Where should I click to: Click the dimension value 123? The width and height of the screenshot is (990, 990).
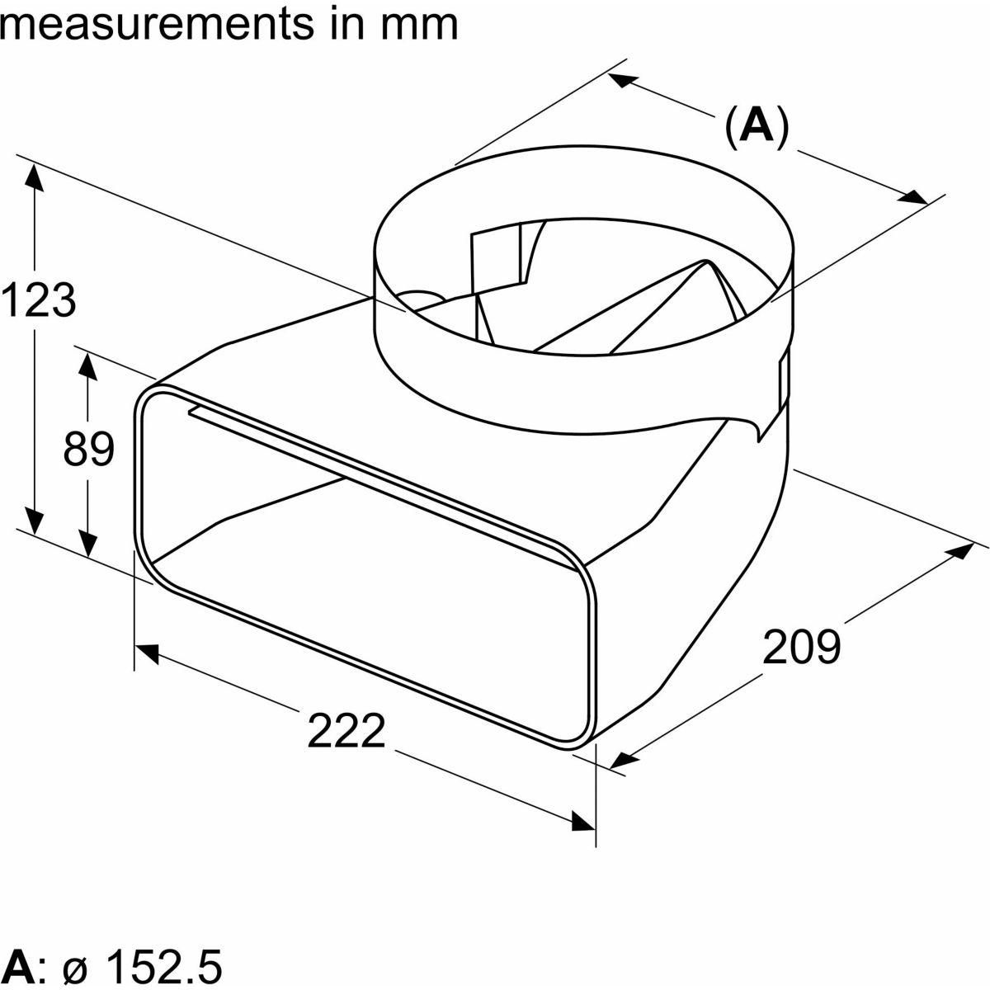[39, 300]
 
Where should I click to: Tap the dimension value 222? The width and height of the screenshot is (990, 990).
[346, 731]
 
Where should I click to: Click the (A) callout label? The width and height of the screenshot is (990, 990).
[756, 127]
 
